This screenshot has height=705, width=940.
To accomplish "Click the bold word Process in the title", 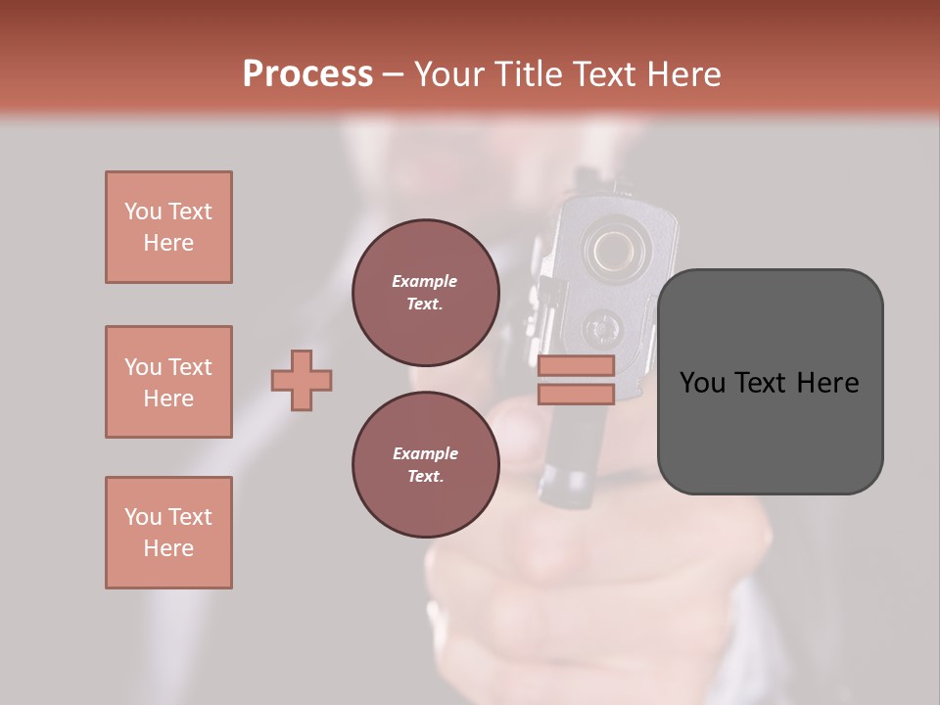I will [307, 73].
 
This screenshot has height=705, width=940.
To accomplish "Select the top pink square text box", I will [168, 227].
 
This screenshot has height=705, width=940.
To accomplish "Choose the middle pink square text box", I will [168, 382].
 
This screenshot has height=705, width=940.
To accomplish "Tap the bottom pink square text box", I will [168, 533].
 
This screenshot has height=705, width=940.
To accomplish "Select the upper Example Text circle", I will [425, 293].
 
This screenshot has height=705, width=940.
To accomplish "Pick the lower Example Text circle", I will [425, 465].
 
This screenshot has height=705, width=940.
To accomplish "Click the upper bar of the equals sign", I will [576, 366].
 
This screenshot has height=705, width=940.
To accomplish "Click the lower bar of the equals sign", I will [576, 394].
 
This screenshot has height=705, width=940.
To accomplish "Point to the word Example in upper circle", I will [425, 281].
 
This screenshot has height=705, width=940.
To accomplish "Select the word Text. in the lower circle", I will [425, 477].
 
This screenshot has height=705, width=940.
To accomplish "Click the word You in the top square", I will [142, 211].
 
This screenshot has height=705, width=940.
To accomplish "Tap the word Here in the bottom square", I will [168, 548].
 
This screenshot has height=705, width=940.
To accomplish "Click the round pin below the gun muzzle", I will [600, 327].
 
